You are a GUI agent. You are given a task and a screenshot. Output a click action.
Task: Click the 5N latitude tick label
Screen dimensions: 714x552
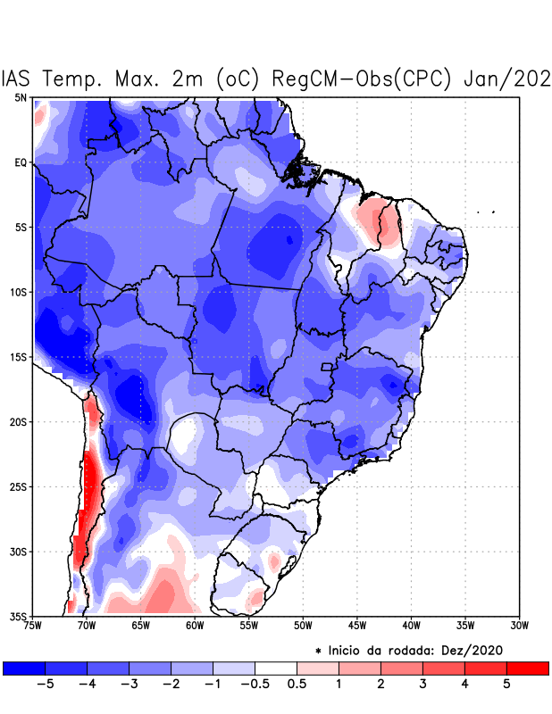point(21,97)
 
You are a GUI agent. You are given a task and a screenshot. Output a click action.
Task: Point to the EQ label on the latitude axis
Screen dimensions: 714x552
point(21,162)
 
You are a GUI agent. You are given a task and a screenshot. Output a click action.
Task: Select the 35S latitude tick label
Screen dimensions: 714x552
point(18,617)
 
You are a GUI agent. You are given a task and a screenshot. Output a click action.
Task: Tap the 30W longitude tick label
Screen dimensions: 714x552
point(519,626)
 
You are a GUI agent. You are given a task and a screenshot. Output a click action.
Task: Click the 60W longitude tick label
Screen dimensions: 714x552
point(194,626)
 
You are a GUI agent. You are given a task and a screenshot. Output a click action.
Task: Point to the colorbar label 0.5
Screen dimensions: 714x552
point(297,684)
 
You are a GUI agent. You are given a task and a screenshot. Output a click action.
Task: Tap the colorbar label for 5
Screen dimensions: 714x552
point(507,684)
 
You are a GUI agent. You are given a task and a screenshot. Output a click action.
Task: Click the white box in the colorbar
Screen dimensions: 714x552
point(276,668)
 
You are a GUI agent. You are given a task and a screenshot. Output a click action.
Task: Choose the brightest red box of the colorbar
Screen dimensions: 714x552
point(527,668)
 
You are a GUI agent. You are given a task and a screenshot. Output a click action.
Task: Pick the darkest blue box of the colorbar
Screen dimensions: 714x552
point(24,668)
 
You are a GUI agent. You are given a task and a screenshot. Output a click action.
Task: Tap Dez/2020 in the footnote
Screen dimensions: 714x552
point(481,649)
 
